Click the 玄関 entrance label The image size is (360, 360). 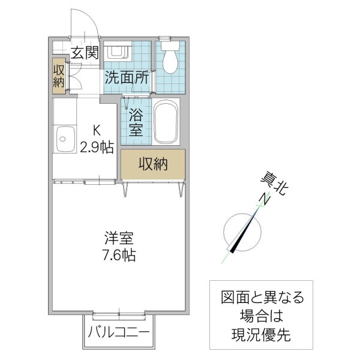[84, 53]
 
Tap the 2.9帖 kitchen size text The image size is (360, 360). [97, 147]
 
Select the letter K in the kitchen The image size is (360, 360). [96, 129]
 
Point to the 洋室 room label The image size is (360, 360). [118, 238]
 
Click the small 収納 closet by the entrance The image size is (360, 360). [58, 75]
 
